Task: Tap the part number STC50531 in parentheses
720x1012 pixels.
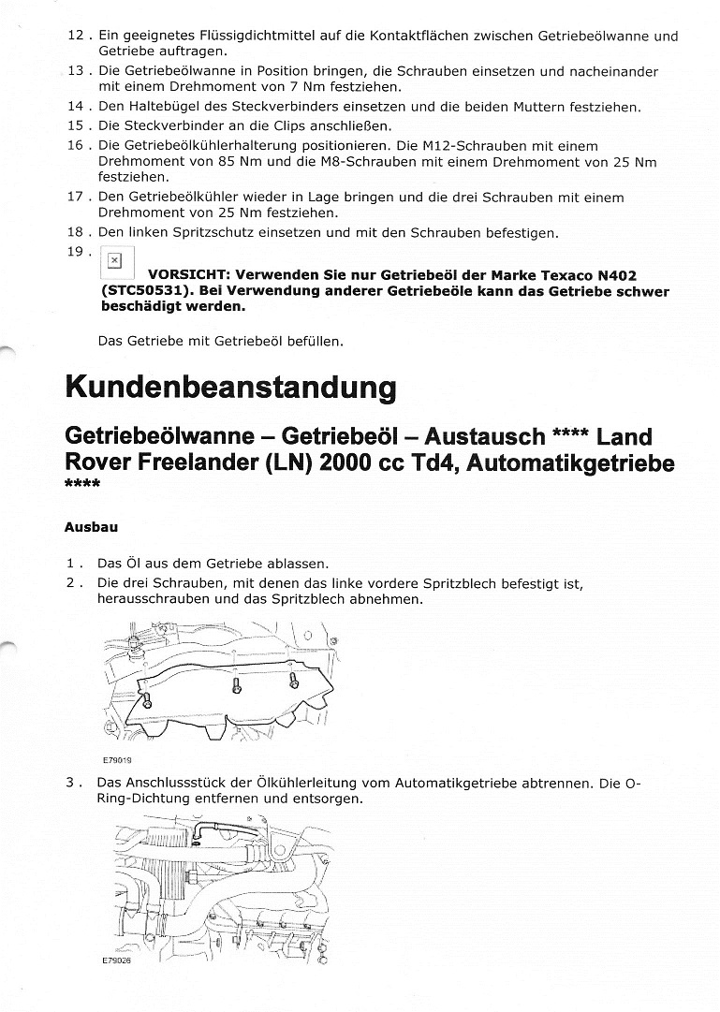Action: point(142,291)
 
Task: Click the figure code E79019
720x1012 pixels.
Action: point(117,761)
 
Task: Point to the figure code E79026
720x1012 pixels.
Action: point(117,961)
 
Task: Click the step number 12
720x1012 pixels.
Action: point(79,36)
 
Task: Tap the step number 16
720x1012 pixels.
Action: point(79,146)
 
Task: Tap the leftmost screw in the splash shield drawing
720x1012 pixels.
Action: point(147,701)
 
